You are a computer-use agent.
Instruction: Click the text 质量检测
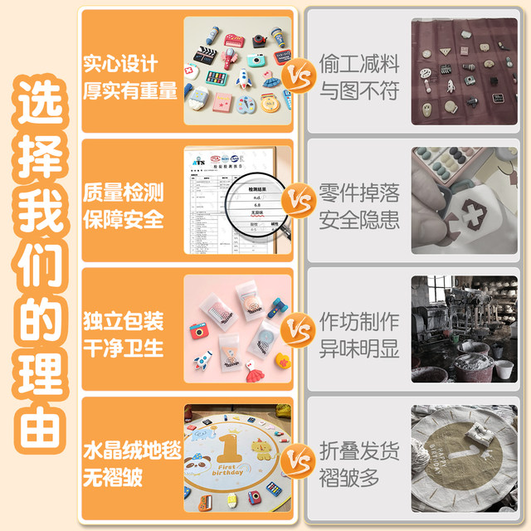tap(123, 192)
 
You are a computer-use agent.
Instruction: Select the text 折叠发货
tap(359, 451)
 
